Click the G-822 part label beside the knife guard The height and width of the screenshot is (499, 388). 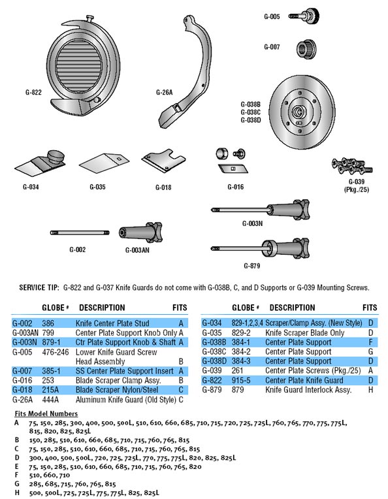click(x=33, y=92)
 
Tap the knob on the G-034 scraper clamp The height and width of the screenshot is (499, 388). click(x=56, y=157)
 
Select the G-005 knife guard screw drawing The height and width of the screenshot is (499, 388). click(x=304, y=15)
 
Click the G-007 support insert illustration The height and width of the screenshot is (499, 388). click(x=306, y=50)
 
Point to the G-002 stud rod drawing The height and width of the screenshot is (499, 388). click(x=80, y=233)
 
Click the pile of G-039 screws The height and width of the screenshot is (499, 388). click(x=351, y=166)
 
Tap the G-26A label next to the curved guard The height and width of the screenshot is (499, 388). click(x=164, y=92)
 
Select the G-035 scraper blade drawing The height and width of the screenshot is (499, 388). click(x=104, y=163)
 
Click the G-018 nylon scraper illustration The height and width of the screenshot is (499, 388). click(x=163, y=161)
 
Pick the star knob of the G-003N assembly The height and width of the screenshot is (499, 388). click(x=301, y=210)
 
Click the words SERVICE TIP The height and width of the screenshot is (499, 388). click(x=39, y=287)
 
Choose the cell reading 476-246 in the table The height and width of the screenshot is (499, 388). click(x=56, y=352)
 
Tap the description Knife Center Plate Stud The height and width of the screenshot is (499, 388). click(x=112, y=323)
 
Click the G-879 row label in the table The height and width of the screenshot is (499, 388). click(x=212, y=389)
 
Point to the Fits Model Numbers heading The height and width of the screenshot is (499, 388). click(x=46, y=413)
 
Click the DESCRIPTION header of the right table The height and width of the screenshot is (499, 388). click(x=292, y=308)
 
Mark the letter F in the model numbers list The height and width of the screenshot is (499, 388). click(x=16, y=475)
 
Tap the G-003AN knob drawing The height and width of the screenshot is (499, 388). click(x=140, y=233)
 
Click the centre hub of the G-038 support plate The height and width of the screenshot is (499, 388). click(x=299, y=112)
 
